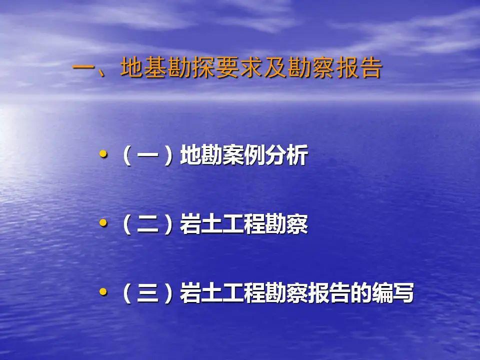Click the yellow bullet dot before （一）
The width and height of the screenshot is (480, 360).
click(103, 155)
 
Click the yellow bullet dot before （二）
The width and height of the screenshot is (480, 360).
click(103, 223)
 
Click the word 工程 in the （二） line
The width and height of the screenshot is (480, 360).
click(244, 225)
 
